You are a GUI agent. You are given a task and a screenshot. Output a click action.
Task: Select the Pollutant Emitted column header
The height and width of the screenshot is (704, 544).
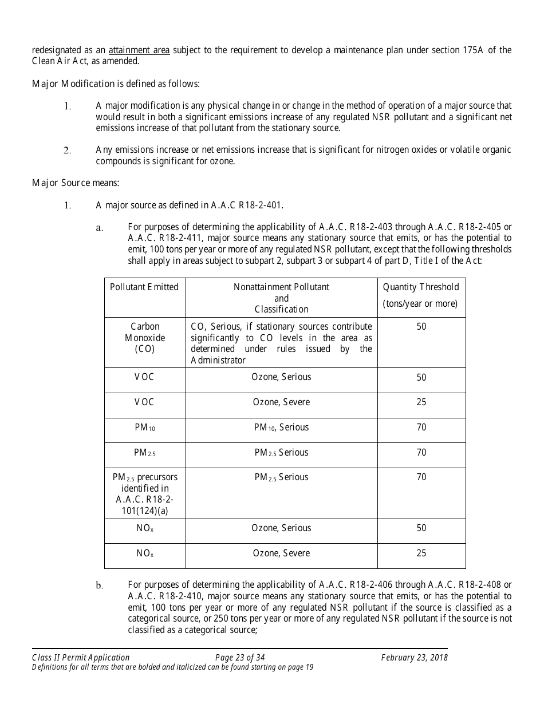pyautogui.click(x=144, y=287)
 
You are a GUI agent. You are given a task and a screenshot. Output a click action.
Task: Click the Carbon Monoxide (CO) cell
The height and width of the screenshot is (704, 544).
pyautogui.click(x=144, y=338)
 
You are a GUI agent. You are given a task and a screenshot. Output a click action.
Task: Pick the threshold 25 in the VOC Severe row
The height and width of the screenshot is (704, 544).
pyautogui.click(x=421, y=402)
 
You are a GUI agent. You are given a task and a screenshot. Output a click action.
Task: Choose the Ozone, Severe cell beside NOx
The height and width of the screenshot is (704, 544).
pyautogui.click(x=281, y=553)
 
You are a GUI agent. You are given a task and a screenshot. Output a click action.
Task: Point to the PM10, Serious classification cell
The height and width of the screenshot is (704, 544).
pyautogui.click(x=281, y=428)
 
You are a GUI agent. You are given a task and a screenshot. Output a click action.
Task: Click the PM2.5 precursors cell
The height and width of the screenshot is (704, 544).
pyautogui.click(x=144, y=493)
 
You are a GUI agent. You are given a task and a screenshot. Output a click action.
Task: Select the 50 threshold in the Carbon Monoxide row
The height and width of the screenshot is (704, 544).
pyautogui.click(x=421, y=327)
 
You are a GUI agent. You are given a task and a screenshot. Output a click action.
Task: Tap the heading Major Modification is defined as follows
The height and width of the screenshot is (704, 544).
pyautogui.click(x=116, y=84)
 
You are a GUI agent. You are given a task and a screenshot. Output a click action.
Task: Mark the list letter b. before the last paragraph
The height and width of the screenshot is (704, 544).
pyautogui.click(x=99, y=586)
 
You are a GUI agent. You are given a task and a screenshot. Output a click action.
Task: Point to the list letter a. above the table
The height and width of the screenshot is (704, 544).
pyautogui.click(x=99, y=228)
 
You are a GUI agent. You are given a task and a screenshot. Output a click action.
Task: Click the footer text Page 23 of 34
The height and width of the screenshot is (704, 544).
pyautogui.click(x=240, y=658)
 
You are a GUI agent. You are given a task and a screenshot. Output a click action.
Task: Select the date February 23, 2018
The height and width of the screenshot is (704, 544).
pyautogui.click(x=415, y=658)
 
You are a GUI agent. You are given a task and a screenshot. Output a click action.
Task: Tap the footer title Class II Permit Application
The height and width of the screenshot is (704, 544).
pyautogui.click(x=81, y=658)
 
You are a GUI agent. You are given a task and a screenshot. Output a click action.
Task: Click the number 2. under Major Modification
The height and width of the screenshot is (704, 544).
pyautogui.click(x=67, y=151)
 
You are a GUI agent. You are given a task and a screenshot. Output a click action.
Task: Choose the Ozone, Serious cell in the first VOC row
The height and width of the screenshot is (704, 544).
pyautogui.click(x=281, y=377)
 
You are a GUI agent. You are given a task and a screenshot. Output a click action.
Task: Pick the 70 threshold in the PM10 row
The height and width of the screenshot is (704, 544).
pyautogui.click(x=421, y=428)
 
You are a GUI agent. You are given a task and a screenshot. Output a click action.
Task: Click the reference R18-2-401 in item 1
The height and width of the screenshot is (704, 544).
pyautogui.click(x=261, y=205)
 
